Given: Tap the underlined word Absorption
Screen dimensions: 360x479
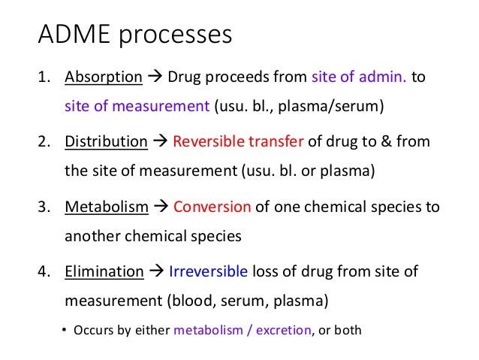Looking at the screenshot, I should (104, 77).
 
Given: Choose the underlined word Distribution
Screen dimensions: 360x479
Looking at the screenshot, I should (106, 141).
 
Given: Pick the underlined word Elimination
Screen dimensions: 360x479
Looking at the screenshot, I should (104, 271).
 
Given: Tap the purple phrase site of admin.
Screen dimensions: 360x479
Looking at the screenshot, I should (357, 77).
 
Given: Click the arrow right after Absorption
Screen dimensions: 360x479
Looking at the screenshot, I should (155, 77).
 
